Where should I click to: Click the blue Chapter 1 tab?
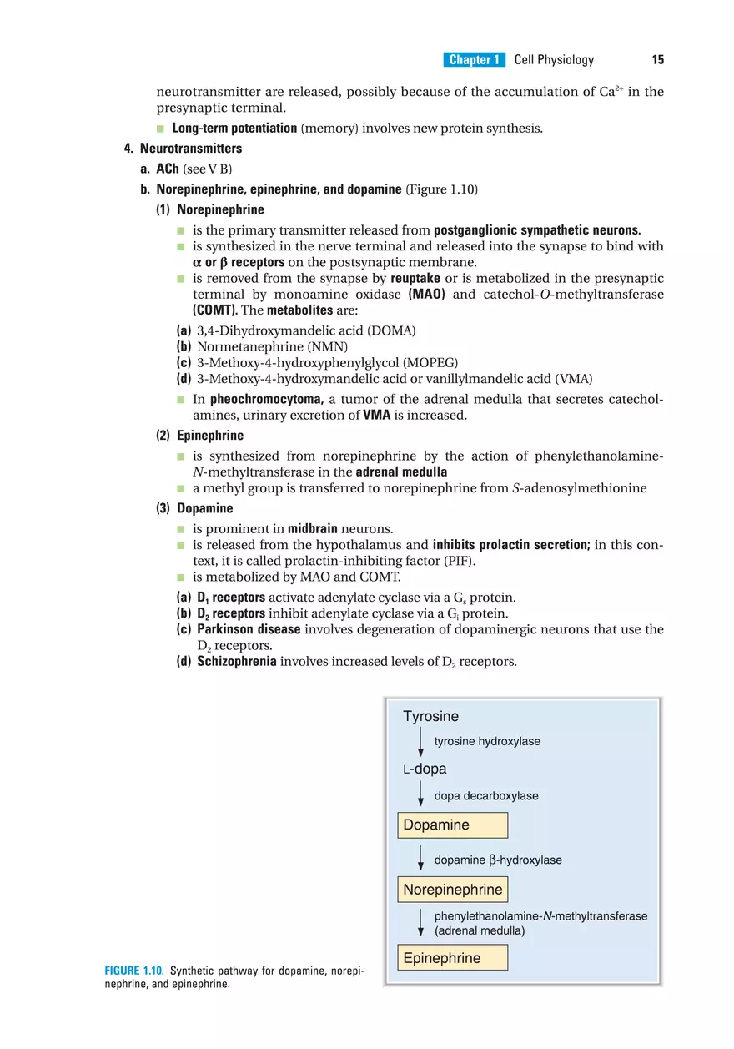pos(474,59)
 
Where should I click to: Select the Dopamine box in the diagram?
pos(452,825)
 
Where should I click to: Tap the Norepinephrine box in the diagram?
pos(452,890)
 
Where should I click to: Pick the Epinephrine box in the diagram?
pos(452,958)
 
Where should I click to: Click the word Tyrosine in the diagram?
pos(430,716)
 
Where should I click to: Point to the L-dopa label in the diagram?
pos(425,769)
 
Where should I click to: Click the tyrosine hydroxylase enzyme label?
pos(487,741)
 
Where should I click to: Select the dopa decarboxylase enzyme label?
pos(486,796)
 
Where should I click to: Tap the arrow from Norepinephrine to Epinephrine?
pos(420,923)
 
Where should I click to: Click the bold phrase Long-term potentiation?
pos(234,129)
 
